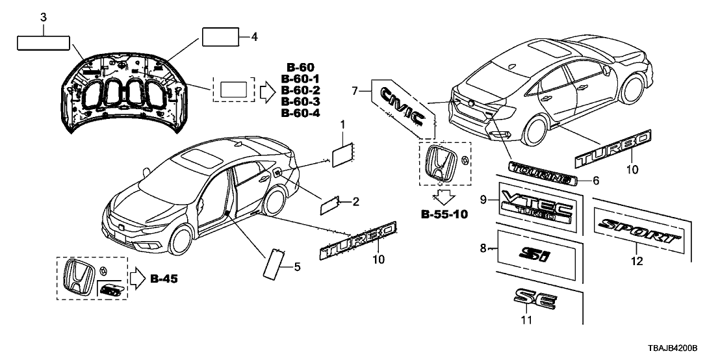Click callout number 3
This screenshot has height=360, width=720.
coord(43,18)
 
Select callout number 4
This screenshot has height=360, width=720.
coord(254,37)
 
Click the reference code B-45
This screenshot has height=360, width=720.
coord(164,279)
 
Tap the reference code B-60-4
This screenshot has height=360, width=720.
coord(300,113)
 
